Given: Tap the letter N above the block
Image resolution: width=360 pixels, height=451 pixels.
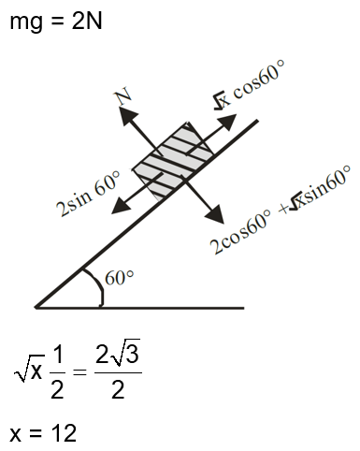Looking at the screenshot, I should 121,95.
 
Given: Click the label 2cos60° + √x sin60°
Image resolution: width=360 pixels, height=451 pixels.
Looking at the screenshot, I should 281,211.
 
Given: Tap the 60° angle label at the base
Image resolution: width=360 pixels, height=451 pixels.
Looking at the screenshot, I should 120,278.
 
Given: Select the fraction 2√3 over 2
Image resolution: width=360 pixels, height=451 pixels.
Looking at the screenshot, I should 118,371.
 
